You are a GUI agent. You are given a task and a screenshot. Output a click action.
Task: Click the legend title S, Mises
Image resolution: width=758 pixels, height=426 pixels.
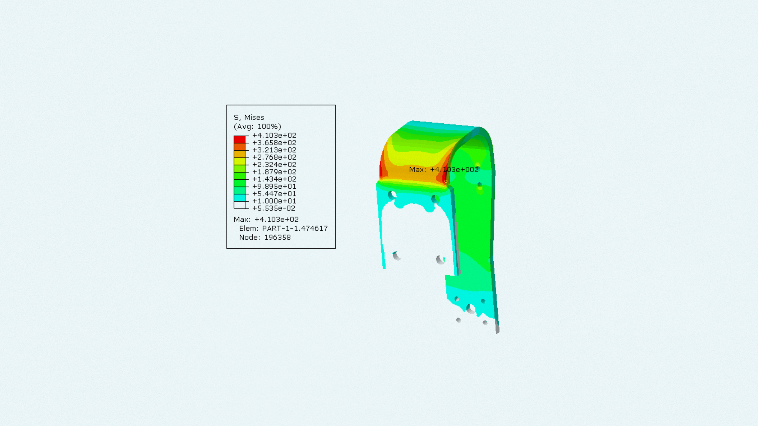tap(249, 118)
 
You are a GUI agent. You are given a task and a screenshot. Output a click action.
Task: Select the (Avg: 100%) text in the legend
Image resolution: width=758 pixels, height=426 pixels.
tap(257, 127)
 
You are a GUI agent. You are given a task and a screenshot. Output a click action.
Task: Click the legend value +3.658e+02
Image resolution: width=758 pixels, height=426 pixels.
tap(274, 143)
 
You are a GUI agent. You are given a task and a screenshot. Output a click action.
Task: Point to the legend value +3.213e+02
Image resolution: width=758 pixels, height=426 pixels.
tap(274, 150)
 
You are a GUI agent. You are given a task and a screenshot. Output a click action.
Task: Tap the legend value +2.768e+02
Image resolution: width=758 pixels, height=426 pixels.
tap(274, 157)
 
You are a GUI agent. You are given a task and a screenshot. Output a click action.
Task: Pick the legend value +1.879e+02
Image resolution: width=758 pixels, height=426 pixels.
tap(274, 172)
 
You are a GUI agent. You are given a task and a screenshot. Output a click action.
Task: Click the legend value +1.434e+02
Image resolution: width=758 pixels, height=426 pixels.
tap(274, 179)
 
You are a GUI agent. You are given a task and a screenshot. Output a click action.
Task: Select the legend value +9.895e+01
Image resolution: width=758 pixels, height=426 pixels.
tap(274, 186)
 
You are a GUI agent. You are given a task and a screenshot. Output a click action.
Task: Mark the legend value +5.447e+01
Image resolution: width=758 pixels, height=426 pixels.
tap(274, 194)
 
